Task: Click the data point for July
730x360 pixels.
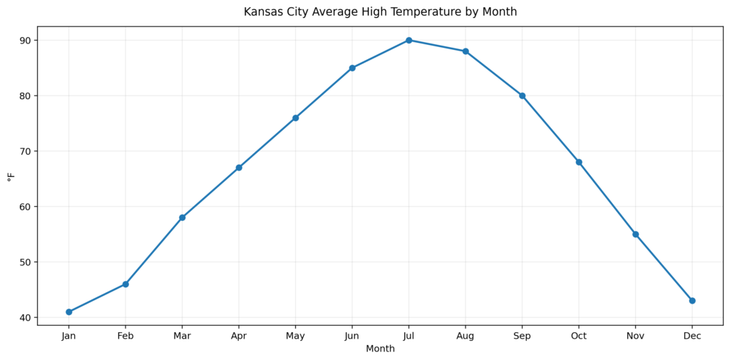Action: [x=408, y=40]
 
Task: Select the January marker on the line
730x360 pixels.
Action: [x=68, y=312]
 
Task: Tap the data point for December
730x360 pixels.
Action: [x=692, y=300]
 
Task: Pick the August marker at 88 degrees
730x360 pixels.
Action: [x=466, y=51]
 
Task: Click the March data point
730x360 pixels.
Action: [x=182, y=217]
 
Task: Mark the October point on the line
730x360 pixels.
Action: [x=579, y=162]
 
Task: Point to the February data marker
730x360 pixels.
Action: [x=125, y=284]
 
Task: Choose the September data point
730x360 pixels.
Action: [x=522, y=96]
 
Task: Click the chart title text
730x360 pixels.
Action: [x=380, y=12]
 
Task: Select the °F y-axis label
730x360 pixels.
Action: [x=11, y=176]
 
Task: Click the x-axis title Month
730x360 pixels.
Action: [x=380, y=349]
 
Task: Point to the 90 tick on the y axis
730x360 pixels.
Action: [x=25, y=41]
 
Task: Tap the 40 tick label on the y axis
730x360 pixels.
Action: [x=25, y=317]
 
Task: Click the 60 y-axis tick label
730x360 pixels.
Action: [x=25, y=207]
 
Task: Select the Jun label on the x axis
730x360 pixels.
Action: [x=352, y=336]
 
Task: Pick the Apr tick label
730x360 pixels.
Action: [x=239, y=336]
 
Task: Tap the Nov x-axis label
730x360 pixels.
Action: [x=635, y=336]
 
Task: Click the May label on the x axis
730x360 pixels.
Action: [x=295, y=336]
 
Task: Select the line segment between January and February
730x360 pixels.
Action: [x=97, y=298]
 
